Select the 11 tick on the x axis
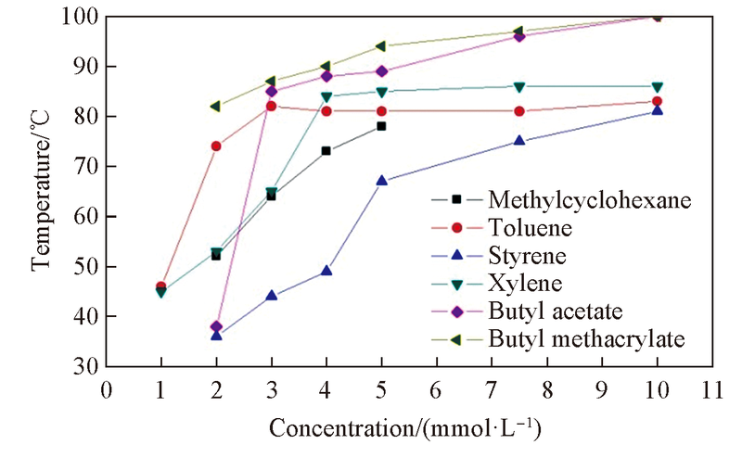pyautogui.click(x=712, y=389)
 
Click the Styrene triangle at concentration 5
pyautogui.click(x=381, y=181)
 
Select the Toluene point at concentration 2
pyautogui.click(x=216, y=146)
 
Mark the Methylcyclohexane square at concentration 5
pyautogui.click(x=381, y=126)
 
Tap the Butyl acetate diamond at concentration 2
pyautogui.click(x=216, y=326)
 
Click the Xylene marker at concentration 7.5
pyautogui.click(x=519, y=87)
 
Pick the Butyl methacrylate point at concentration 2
pyautogui.click(x=216, y=106)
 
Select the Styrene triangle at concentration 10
pyautogui.click(x=657, y=111)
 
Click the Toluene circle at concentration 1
pyautogui.click(x=161, y=286)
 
